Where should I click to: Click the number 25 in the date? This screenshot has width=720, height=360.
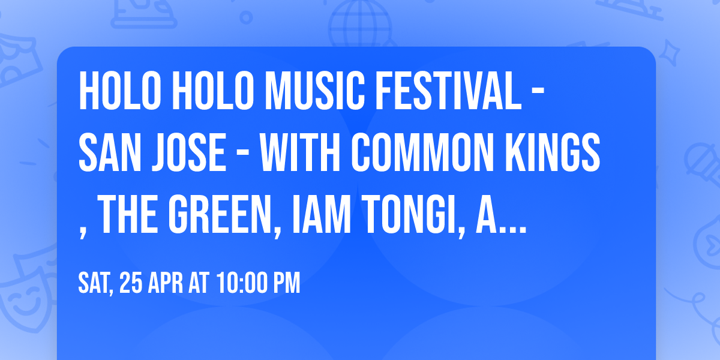pyautogui.click(x=132, y=283)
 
